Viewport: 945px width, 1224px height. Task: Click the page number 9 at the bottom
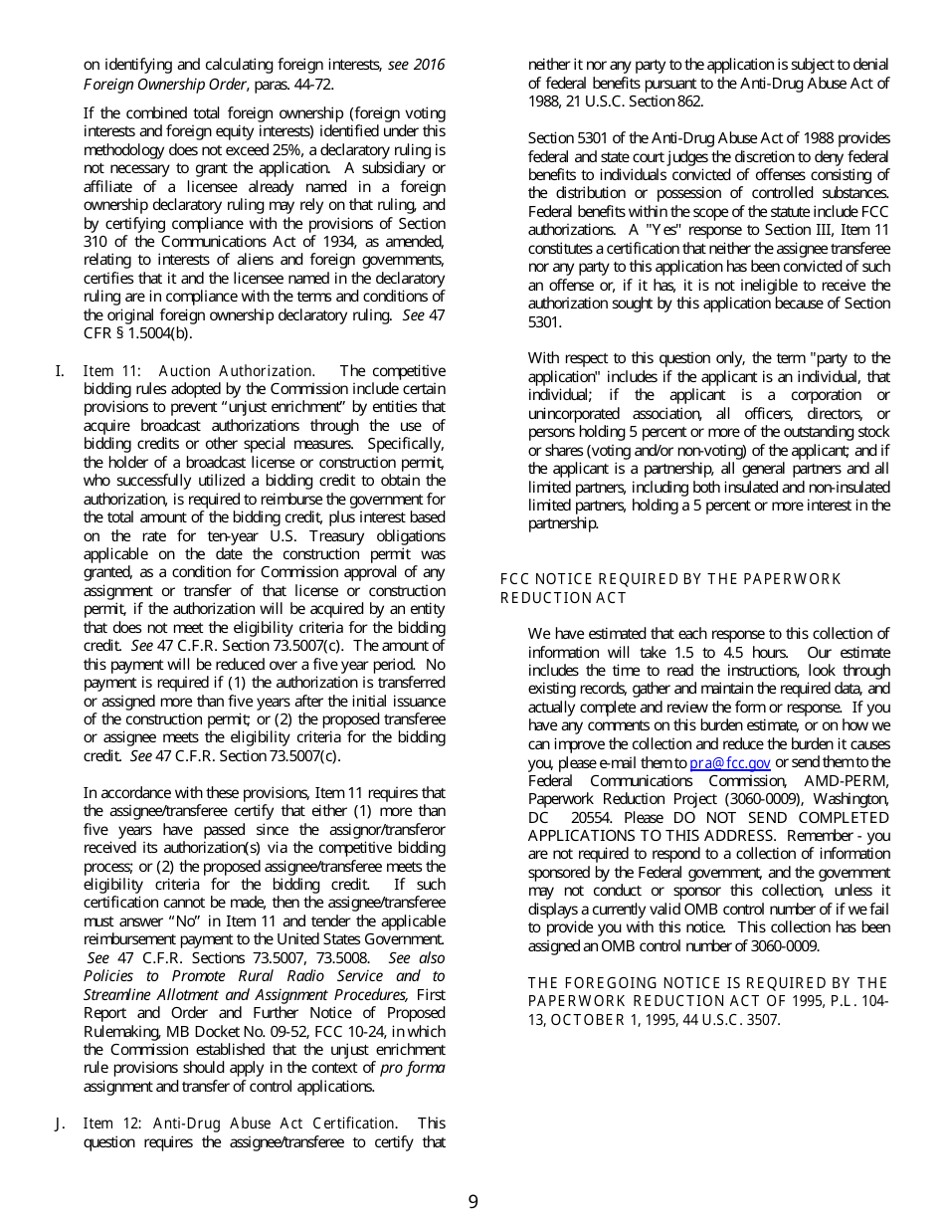pos(472,1202)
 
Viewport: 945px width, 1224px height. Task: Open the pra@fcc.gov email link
pos(730,763)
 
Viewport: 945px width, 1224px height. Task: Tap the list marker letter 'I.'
pos(60,371)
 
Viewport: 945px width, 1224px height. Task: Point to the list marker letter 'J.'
pos(60,1123)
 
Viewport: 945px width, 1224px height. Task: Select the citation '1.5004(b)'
pos(161,333)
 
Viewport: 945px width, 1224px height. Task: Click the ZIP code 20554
pos(591,818)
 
